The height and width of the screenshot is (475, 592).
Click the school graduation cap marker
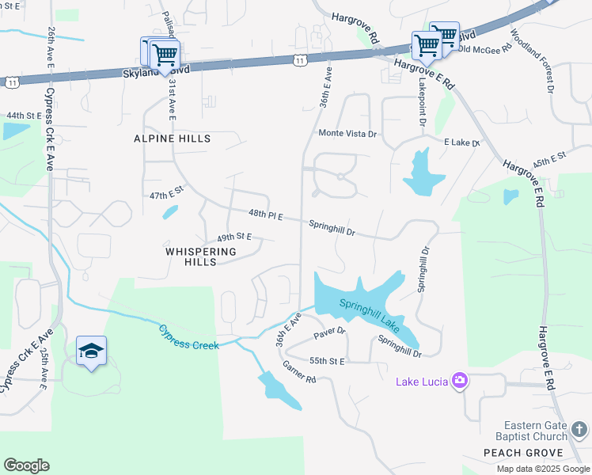[91, 351]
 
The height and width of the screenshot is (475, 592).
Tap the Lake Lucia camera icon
[460, 382]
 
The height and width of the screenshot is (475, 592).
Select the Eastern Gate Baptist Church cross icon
[579, 430]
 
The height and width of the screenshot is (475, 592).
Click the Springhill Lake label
[370, 313]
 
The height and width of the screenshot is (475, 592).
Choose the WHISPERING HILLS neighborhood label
[201, 256]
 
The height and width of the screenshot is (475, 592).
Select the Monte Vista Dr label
[347, 134]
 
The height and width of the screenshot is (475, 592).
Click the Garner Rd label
[299, 372]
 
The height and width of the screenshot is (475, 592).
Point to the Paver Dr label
[330, 333]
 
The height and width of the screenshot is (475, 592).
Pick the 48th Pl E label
[265, 215]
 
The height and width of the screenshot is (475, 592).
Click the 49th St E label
[233, 237]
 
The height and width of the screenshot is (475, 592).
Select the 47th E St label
[166, 193]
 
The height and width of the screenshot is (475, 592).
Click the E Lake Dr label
[462, 142]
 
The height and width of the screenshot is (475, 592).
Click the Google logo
[26, 465]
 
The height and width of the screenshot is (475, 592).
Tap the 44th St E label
[24, 116]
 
